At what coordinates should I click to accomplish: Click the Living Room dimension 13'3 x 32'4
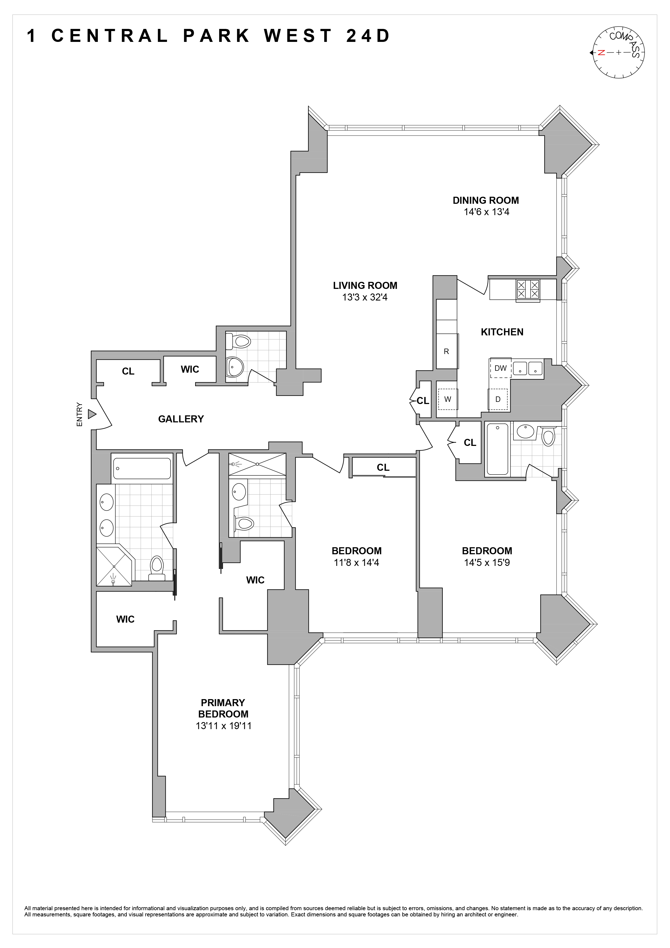click(365, 297)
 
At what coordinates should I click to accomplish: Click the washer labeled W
click(448, 399)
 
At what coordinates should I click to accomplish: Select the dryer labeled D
click(498, 399)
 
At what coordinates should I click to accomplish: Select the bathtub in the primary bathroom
click(142, 468)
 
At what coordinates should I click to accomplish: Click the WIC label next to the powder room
click(190, 369)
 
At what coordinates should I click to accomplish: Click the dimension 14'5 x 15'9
click(487, 562)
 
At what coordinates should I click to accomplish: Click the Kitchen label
click(502, 332)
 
